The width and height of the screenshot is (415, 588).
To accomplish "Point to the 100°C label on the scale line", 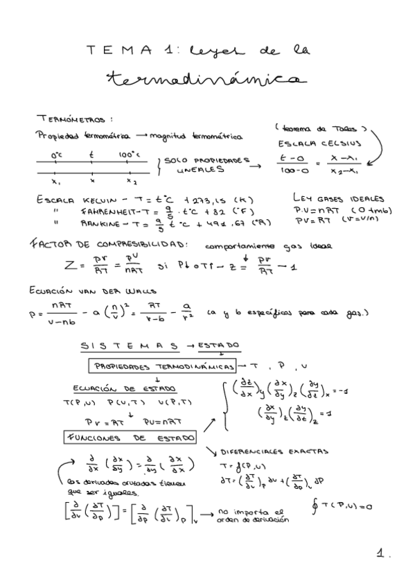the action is click(130, 155).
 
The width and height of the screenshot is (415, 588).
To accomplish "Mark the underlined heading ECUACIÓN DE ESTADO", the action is click(125, 388).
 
